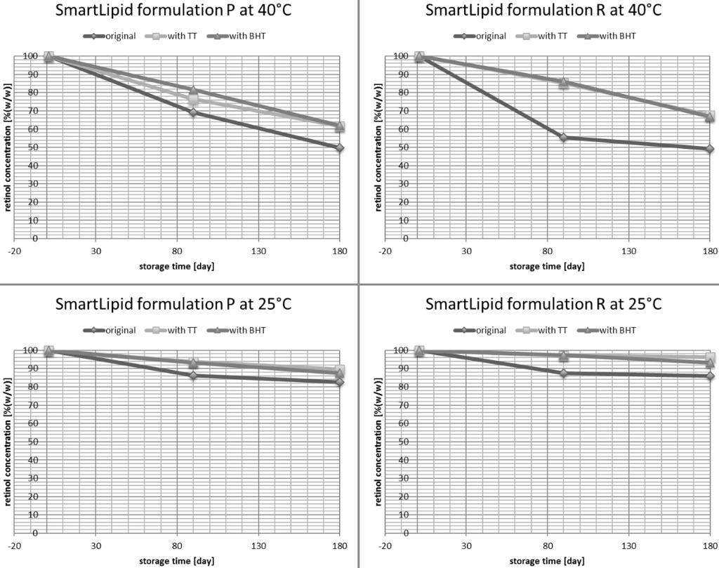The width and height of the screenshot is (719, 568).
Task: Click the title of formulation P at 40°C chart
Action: point(175,11)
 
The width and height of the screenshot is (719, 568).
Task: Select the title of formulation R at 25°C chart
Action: point(544,305)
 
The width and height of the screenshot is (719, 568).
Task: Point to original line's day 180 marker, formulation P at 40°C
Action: point(340,147)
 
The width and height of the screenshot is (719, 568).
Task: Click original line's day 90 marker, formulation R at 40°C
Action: point(563,138)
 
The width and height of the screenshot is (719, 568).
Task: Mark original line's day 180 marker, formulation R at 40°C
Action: point(710,149)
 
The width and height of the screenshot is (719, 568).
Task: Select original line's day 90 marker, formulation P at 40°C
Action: point(193,112)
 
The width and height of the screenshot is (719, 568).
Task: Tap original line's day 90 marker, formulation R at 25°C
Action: point(563,373)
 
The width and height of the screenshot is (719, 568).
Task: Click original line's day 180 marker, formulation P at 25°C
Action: point(340,382)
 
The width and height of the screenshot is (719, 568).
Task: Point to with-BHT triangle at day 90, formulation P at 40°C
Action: point(193,90)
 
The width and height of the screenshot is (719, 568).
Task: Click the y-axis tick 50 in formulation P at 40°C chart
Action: point(29,147)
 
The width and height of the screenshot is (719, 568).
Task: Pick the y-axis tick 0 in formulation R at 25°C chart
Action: point(406,532)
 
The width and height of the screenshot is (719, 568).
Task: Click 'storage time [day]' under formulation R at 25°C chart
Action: point(546,561)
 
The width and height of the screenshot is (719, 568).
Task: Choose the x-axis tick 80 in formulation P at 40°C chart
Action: point(177,251)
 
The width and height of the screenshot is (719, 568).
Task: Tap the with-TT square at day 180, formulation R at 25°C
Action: point(710,358)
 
